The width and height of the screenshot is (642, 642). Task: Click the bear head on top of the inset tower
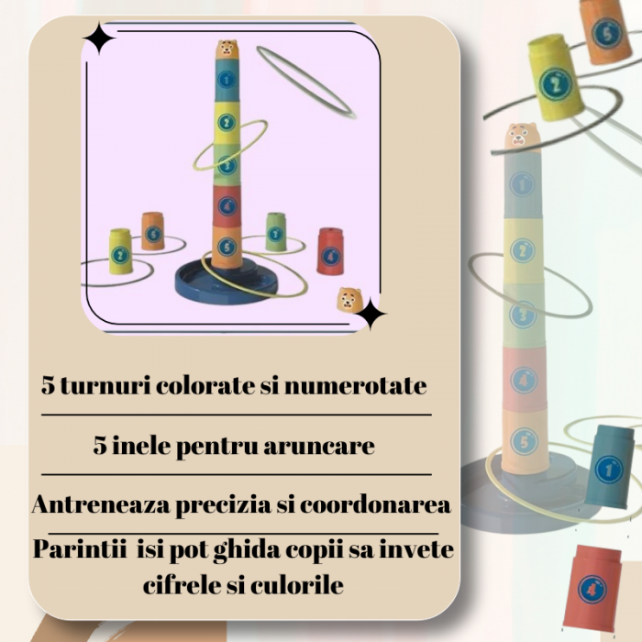[x=227, y=49]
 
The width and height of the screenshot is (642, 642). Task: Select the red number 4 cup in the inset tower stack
[x=227, y=205]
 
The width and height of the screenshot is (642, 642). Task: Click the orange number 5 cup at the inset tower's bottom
[x=227, y=246]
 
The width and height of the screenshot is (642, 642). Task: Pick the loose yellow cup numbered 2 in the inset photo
[x=120, y=251]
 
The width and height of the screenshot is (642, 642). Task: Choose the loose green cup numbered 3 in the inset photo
[x=275, y=233]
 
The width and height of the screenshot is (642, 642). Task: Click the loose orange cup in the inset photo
[x=153, y=231]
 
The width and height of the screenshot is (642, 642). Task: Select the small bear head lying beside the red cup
[x=348, y=300]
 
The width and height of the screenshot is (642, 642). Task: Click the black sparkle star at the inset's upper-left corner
[x=98, y=39]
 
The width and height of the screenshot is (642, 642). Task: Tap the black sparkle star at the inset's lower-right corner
[x=371, y=314]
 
